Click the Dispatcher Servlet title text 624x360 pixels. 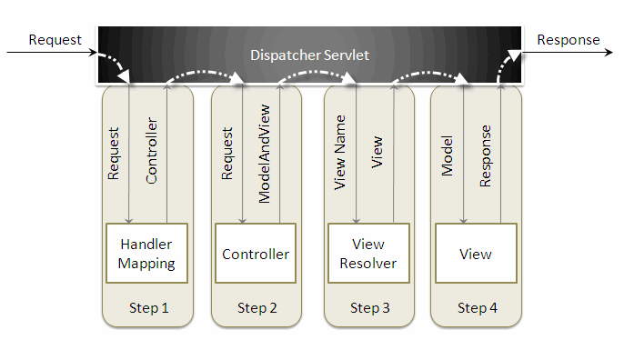[x=309, y=55]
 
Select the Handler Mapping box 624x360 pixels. [x=146, y=253]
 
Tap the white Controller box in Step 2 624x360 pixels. [x=256, y=253]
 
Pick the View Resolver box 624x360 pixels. [x=368, y=253]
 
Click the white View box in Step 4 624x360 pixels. [x=476, y=253]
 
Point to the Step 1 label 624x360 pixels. [x=149, y=308]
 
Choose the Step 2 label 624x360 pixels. [x=257, y=308]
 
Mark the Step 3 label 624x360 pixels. [x=369, y=308]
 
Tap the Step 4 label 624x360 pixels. [x=478, y=308]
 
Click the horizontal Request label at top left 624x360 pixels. [x=55, y=40]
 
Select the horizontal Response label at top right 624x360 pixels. [x=569, y=40]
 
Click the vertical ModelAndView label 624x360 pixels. [x=264, y=154]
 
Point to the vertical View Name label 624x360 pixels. [x=340, y=153]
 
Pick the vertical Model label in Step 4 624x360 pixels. [x=448, y=156]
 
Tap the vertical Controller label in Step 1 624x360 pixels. [x=152, y=150]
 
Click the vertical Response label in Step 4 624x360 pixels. [x=486, y=156]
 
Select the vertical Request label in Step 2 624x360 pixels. [x=226, y=154]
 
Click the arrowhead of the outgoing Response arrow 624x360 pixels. [x=609, y=52]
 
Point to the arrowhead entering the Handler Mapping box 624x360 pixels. [x=128, y=220]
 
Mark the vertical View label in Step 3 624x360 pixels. [x=377, y=152]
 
